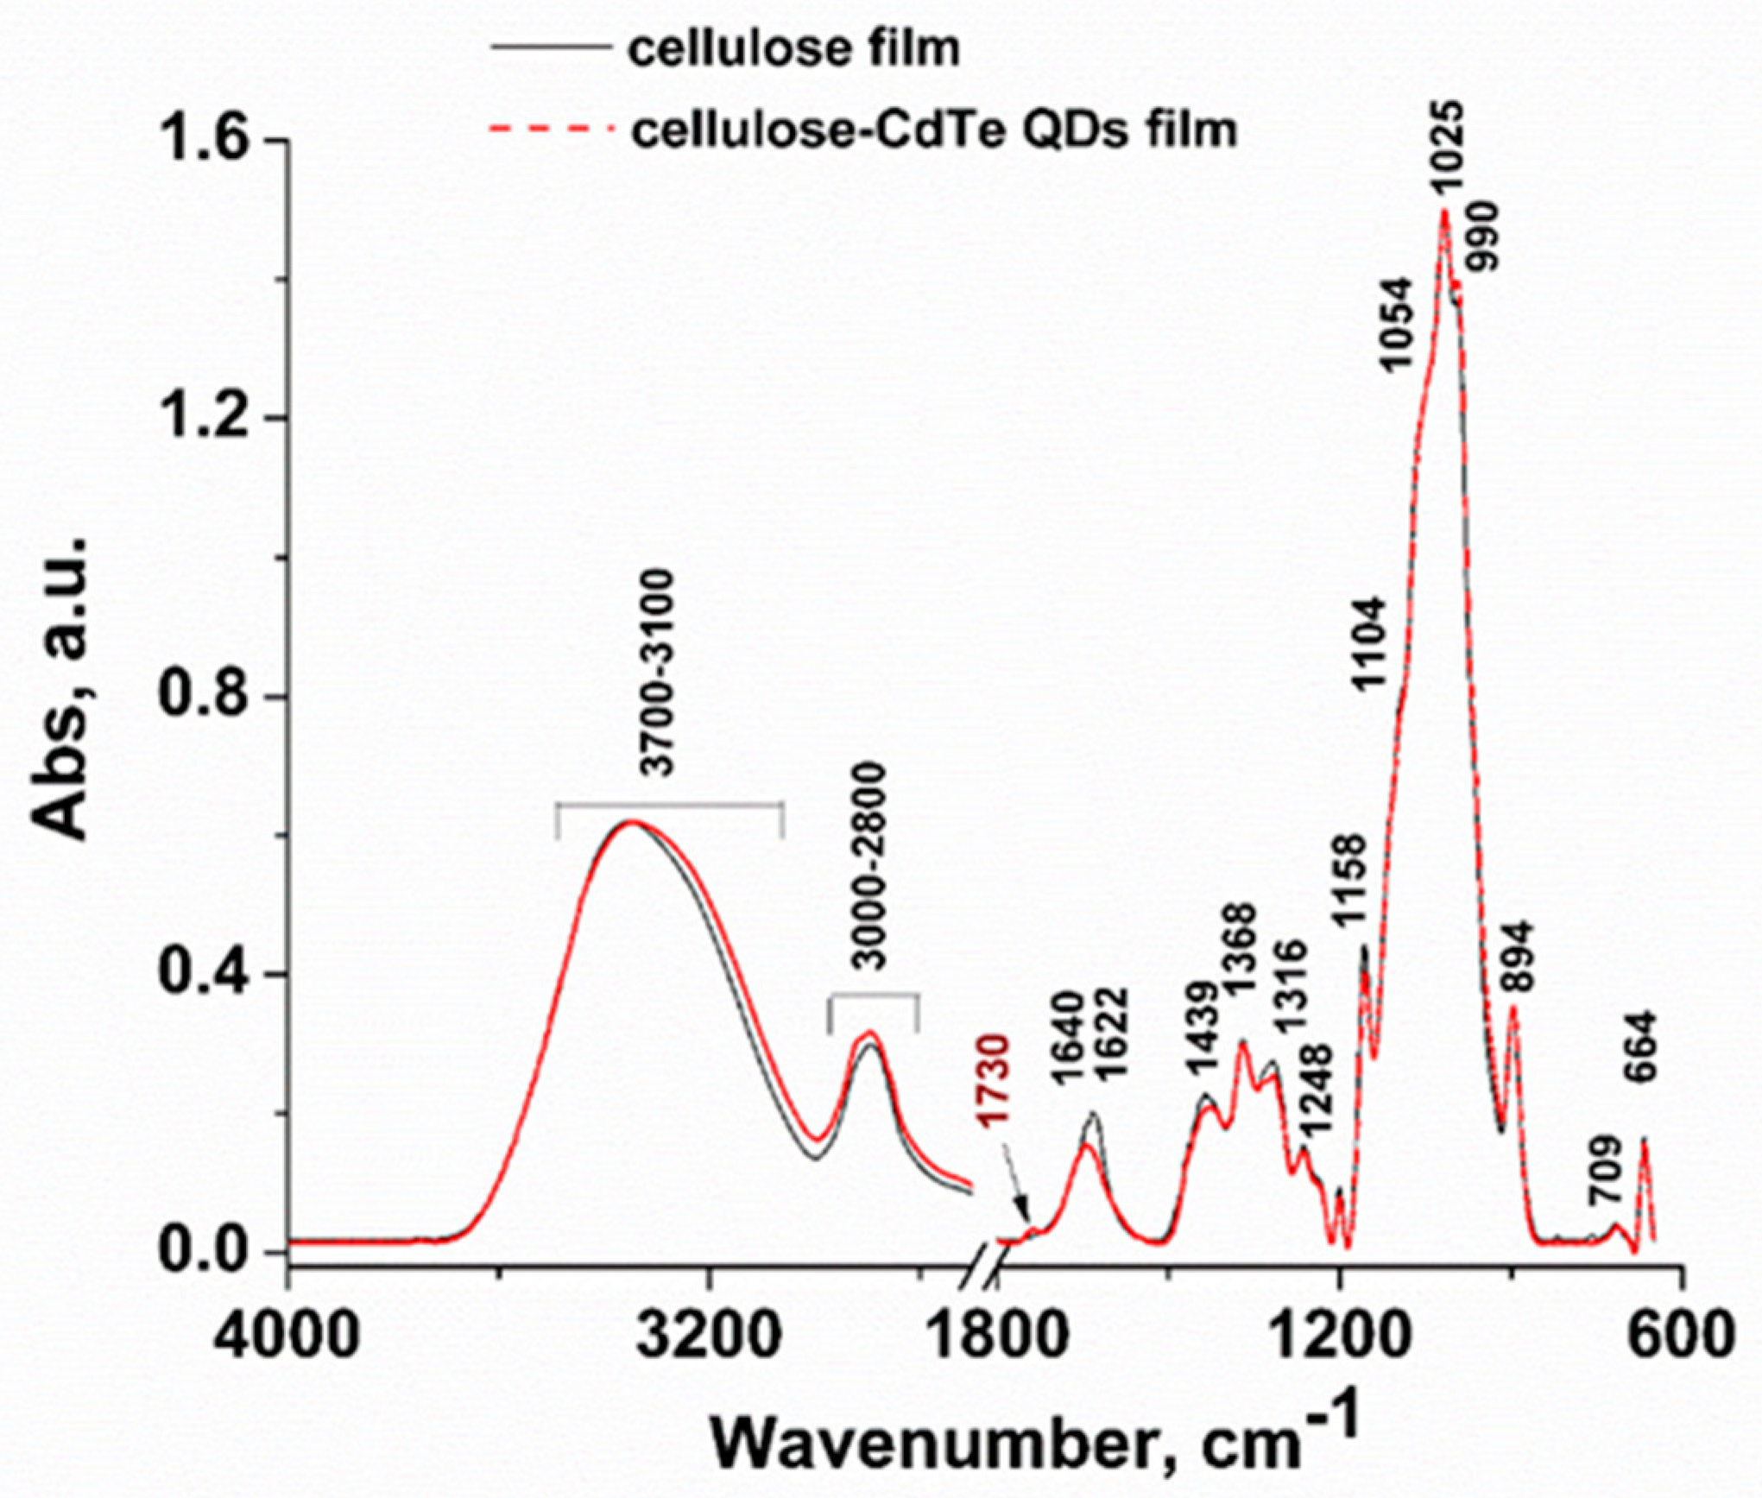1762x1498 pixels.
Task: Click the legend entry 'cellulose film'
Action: point(793,49)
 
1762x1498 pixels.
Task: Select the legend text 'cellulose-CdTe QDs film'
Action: point(934,130)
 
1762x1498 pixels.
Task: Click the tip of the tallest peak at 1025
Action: point(1443,211)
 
